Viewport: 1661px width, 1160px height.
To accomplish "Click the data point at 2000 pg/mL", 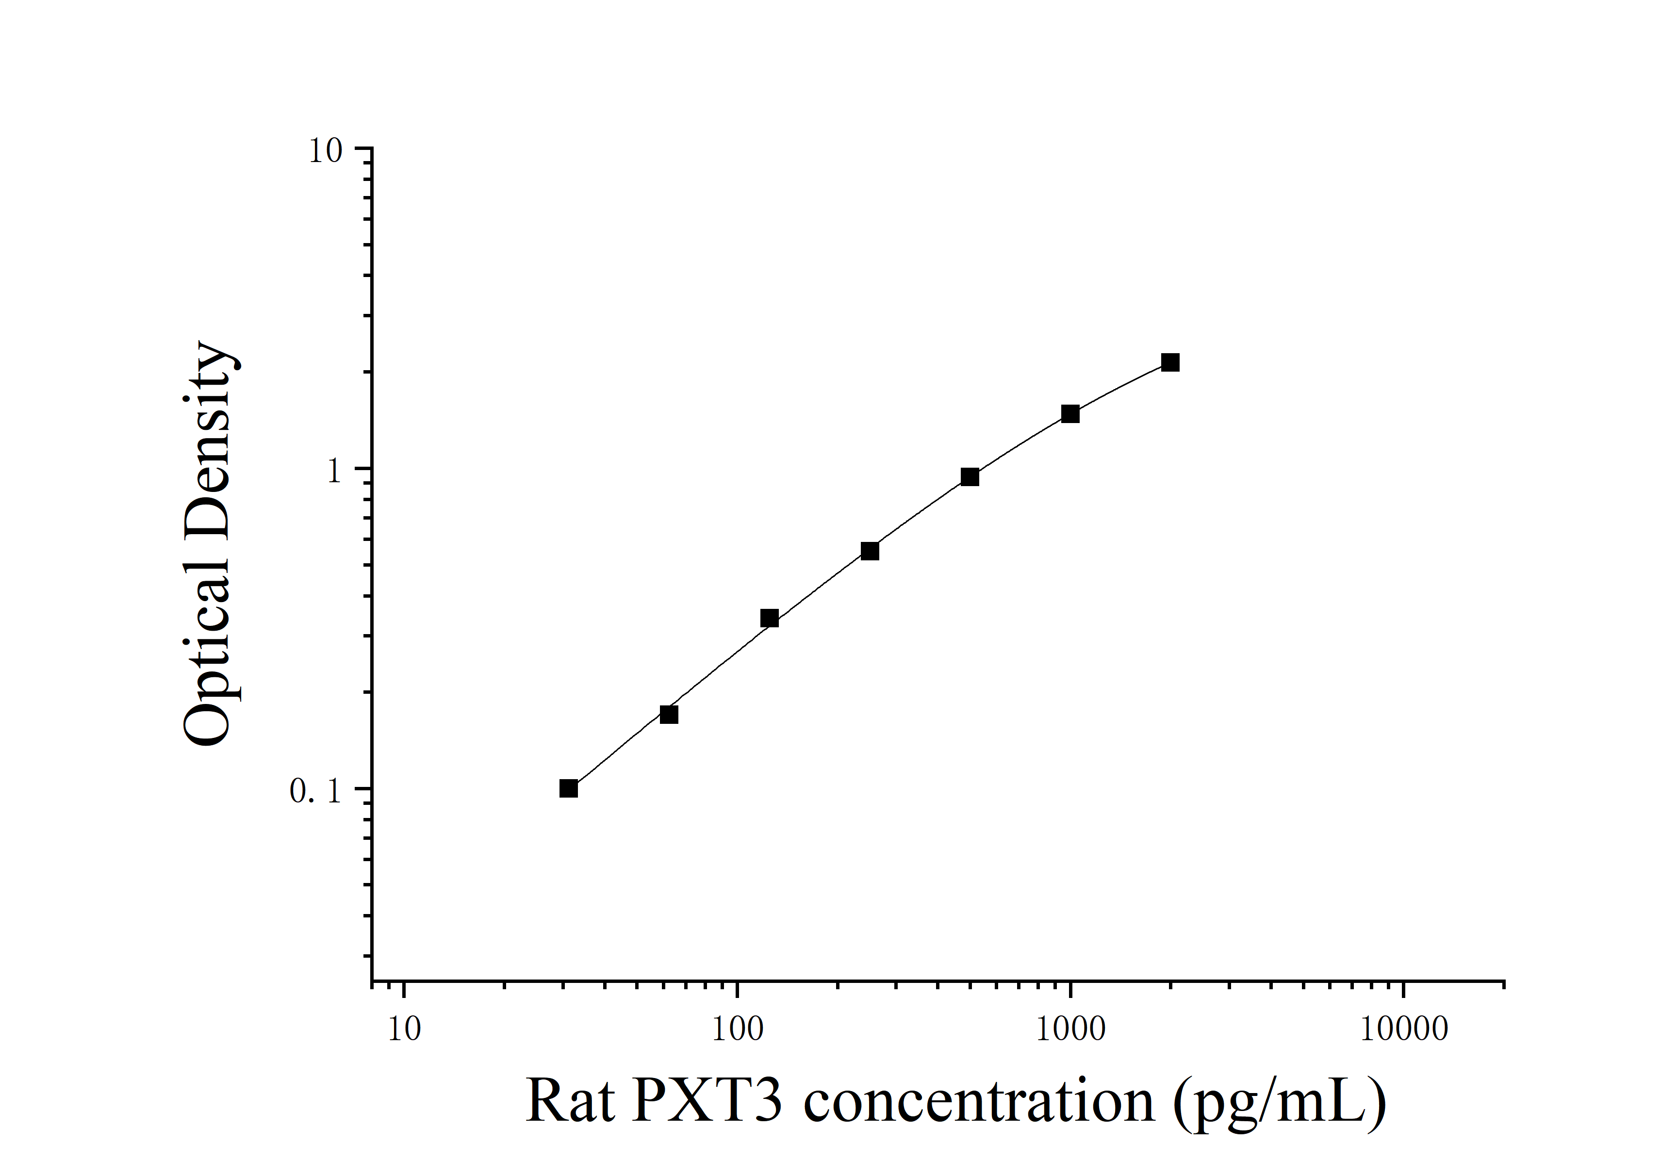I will point(1170,362).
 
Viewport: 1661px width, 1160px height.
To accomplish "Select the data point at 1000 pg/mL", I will point(1070,414).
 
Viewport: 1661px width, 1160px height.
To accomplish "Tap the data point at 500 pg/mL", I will point(970,476).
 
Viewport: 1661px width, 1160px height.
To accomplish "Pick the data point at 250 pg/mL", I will point(870,551).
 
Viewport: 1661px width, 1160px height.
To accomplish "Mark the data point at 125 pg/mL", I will point(770,619).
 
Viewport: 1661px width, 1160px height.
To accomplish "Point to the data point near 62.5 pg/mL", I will point(669,715).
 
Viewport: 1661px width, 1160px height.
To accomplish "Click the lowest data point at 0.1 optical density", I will point(569,788).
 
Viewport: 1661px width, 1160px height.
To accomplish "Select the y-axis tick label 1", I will point(333,472).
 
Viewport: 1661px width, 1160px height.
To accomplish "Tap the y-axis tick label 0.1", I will point(315,792).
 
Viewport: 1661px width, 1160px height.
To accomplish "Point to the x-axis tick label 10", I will point(404,1029).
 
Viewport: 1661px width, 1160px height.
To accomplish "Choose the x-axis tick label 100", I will point(737,1029).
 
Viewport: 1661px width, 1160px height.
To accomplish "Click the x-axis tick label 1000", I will point(1070,1029).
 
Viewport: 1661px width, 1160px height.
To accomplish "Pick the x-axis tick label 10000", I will point(1403,1029).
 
